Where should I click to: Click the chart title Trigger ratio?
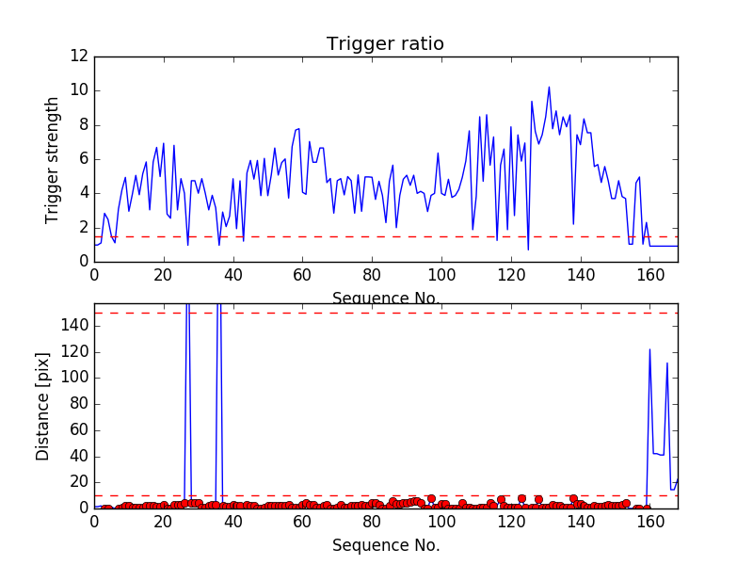point(385,44)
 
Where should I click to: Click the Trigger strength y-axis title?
point(53,159)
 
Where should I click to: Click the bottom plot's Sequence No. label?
point(385,545)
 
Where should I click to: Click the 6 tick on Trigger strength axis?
point(83,159)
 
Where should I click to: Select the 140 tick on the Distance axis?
point(75,326)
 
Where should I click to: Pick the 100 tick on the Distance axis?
point(75,378)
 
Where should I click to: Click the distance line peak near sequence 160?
point(649,349)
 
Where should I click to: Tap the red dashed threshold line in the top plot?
point(282,236)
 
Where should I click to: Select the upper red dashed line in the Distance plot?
point(376,313)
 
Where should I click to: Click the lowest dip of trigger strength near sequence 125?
point(528,250)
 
